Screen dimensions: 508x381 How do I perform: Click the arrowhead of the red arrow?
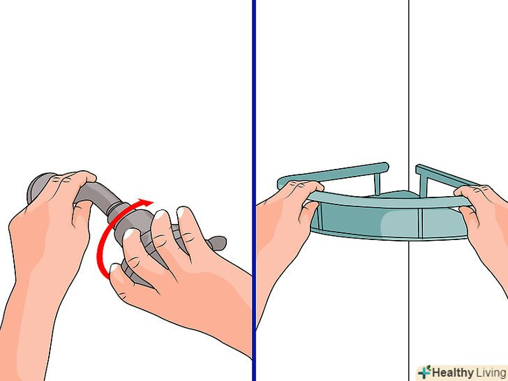point(147,203)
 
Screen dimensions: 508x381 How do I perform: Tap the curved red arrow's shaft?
point(100,246)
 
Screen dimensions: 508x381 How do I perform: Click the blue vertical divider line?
point(254,190)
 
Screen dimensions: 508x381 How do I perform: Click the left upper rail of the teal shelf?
point(334,175)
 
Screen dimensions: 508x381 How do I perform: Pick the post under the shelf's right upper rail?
point(423,186)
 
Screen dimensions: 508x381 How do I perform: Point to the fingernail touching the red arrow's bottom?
point(114,268)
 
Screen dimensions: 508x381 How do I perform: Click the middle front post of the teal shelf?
point(420,223)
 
